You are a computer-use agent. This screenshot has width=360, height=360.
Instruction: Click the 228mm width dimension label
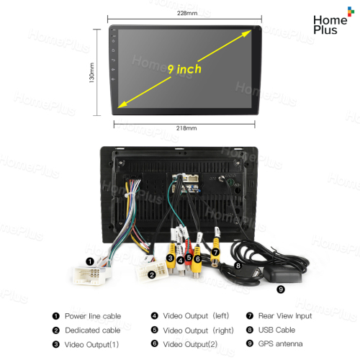coord(187,13)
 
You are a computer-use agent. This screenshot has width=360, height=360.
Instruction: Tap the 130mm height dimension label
coord(91,73)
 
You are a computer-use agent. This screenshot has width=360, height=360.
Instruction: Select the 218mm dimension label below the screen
coord(186,128)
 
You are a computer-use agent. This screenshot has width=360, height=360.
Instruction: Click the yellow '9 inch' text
coord(184,69)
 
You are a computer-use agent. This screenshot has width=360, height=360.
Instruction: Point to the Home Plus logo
coord(333,21)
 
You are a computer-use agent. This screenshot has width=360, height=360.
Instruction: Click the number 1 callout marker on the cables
coord(90,261)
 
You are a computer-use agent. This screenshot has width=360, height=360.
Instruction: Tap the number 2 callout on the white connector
coord(152,274)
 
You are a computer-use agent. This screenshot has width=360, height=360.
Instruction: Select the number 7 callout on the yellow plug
coord(215,252)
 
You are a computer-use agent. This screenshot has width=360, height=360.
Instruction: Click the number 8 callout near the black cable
coord(238,266)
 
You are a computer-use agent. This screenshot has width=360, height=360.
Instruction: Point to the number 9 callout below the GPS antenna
coord(281,289)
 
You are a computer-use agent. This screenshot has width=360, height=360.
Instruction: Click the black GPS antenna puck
coord(282,274)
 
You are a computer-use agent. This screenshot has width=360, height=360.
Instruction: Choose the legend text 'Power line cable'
coord(93,316)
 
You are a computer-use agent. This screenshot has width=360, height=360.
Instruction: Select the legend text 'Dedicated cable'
coord(93,330)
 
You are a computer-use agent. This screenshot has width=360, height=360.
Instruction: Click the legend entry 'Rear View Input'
coord(285,316)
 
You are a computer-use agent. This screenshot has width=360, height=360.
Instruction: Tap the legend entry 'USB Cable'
coord(276,330)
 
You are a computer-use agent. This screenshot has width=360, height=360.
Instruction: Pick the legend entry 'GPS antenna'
coord(280,344)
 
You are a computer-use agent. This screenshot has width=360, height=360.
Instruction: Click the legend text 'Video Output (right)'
coord(198,330)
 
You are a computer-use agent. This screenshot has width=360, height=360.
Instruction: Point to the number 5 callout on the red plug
coord(189,258)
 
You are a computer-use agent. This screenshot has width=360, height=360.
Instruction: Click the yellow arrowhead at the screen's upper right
coord(246,33)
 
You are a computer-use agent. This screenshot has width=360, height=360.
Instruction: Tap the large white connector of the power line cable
coord(89,275)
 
